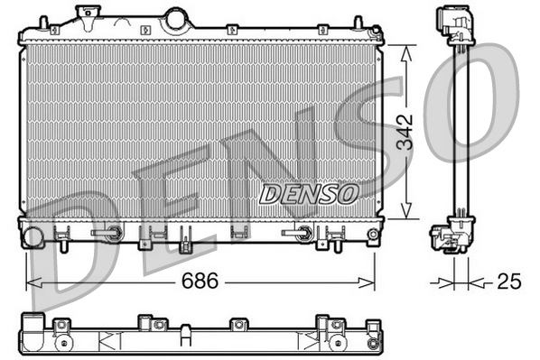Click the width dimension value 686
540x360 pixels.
click(x=201, y=282)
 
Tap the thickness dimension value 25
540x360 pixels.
click(x=509, y=282)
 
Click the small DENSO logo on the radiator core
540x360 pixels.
click(x=309, y=191)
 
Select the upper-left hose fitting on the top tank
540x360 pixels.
click(x=86, y=15)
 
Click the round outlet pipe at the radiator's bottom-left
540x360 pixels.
click(x=33, y=238)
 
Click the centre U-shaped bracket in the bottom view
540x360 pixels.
click(x=185, y=338)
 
